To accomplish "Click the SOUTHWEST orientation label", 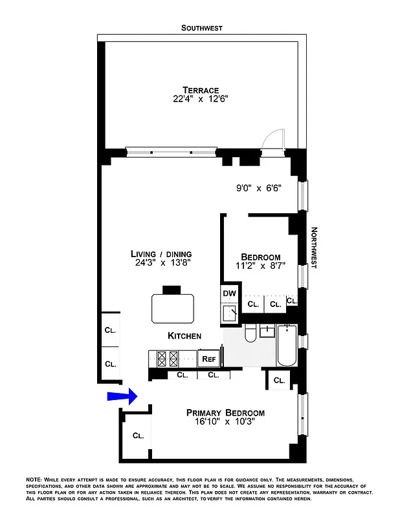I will [201, 28].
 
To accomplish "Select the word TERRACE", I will [201, 90].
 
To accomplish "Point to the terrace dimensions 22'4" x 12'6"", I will [201, 100].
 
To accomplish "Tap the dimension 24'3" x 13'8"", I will [161, 263].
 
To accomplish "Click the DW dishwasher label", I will [229, 293].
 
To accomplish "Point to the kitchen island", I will [173, 308].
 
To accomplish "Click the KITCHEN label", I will [184, 336].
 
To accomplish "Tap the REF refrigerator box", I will [208, 359].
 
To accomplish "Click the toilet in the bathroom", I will [250, 334].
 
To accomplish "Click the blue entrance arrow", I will [122, 397].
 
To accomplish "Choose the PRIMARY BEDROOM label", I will [225, 413].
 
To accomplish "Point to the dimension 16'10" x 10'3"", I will [225, 423].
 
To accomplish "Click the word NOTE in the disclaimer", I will [34, 479].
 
